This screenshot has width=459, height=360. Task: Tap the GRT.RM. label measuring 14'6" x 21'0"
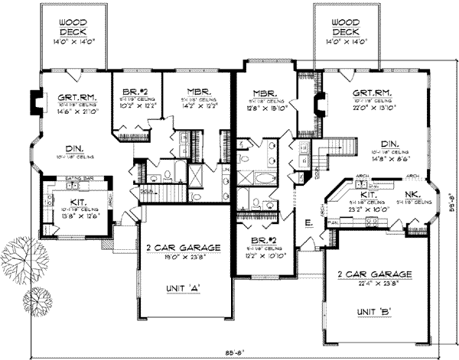click(75, 97)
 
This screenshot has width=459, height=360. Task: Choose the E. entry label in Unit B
click(308, 223)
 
